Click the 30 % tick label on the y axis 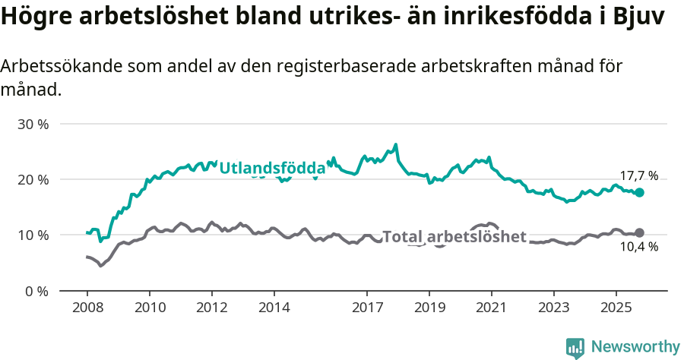coord(33,124)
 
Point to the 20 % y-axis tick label coord(33,179)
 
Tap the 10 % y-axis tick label coord(33,235)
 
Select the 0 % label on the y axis coord(36,292)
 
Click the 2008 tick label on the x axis coord(87,309)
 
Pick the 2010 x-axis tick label coord(149,309)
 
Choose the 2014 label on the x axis coord(274,309)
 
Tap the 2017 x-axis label coord(367,309)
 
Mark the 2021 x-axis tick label coord(491,309)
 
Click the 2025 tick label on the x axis coord(616,309)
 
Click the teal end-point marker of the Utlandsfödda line coord(639,193)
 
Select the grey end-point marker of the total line coord(639,232)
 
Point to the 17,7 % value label coord(638,176)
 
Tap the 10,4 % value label coord(638,247)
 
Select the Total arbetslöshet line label coord(454,236)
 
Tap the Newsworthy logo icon coord(575,348)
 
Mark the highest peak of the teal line coord(396,144)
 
